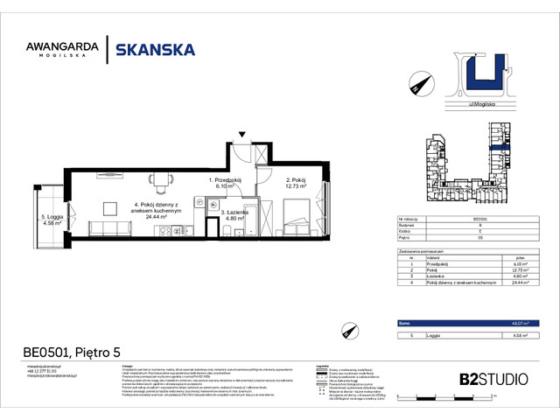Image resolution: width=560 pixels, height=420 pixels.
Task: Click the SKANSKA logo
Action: pos(156,50)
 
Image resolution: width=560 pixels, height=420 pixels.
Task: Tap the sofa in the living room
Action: pos(108,228)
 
